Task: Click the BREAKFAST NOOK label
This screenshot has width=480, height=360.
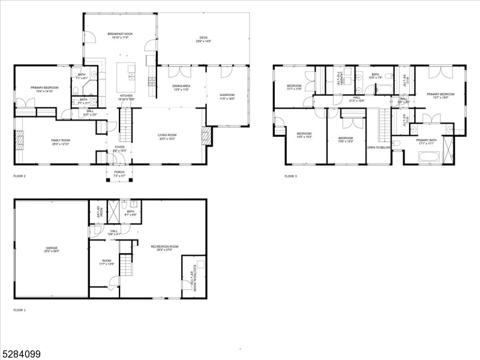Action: tap(120, 35)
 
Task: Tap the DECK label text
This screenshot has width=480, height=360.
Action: tap(204, 40)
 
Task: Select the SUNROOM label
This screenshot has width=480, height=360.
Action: tap(227, 97)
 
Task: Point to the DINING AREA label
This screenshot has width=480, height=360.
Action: tap(181, 88)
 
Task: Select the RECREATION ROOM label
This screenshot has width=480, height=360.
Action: tap(165, 248)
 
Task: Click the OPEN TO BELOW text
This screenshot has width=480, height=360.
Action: tap(379, 148)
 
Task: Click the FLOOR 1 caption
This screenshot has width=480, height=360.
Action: tap(20, 310)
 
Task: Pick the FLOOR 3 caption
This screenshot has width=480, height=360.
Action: tap(290, 176)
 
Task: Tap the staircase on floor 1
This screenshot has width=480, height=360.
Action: tap(125, 264)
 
